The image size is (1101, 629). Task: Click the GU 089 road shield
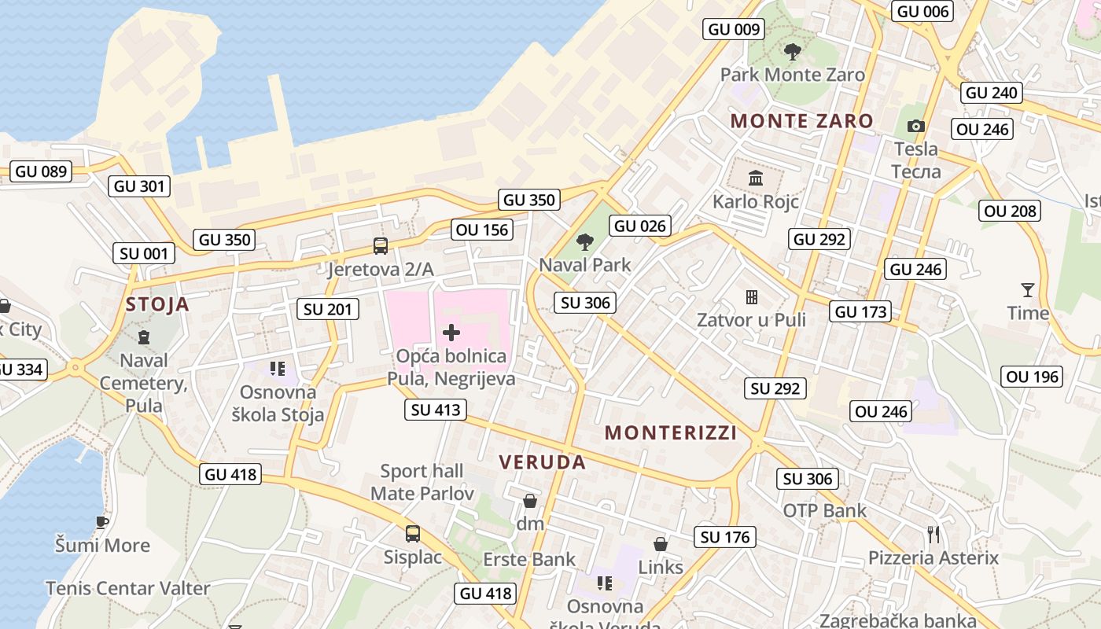[42, 171]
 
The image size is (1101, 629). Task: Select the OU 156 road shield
[482, 230]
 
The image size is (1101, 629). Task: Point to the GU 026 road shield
[640, 226]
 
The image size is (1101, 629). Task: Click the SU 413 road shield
[436, 410]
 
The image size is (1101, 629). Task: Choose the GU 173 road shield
[861, 311]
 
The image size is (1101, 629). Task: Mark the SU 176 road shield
[725, 537]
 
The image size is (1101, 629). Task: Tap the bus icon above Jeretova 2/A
[381, 246]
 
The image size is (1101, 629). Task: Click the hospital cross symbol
[451, 333]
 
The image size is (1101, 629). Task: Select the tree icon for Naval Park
[584, 242]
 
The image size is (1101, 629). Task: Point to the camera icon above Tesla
[915, 127]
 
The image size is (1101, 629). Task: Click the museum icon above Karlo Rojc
[756, 178]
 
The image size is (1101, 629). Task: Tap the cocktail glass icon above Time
[1027, 290]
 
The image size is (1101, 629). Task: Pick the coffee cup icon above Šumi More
[101, 521]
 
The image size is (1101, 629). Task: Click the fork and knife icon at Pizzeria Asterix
[933, 535]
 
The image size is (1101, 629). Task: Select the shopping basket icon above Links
[661, 544]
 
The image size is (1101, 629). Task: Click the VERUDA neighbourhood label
[543, 462]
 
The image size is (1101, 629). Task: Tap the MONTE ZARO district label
[801, 121]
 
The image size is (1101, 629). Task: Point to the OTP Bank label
[824, 511]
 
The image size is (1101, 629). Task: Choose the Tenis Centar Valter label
[127, 588]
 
